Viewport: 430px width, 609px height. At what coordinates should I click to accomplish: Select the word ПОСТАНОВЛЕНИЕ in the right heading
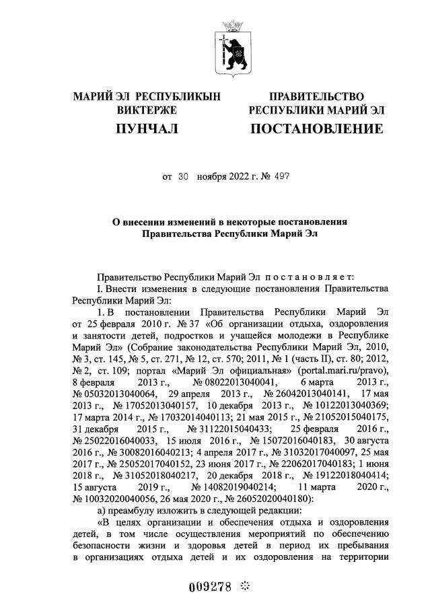tap(317, 129)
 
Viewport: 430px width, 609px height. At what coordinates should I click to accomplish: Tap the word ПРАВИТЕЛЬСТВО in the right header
tap(316, 98)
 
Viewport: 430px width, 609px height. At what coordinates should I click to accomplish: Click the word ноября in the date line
tap(212, 178)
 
